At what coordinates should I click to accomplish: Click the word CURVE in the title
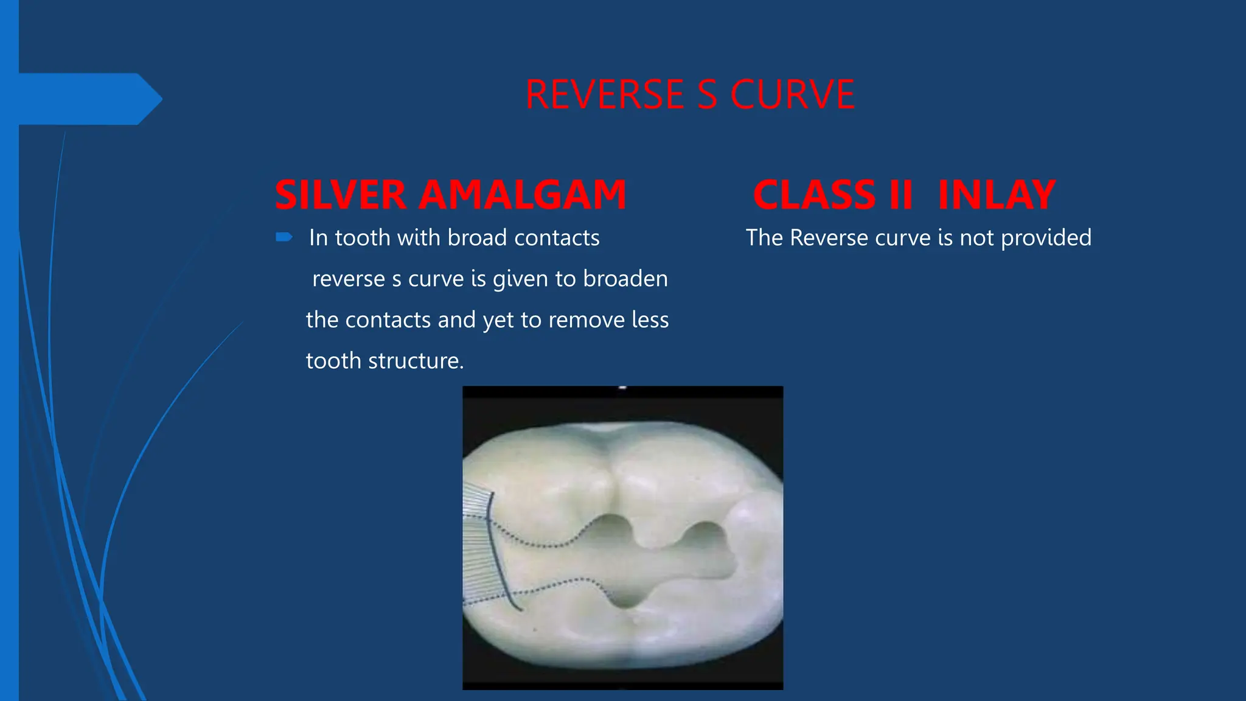tap(792, 95)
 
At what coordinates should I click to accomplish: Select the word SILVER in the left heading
tap(341, 195)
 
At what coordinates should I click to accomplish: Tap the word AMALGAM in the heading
tap(523, 195)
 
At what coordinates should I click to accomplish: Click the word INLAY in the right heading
tap(996, 195)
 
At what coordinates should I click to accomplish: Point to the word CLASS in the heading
tap(814, 195)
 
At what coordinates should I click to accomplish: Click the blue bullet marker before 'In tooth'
tap(284, 237)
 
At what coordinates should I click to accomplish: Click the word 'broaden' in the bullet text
tap(625, 279)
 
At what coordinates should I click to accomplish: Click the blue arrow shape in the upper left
tap(91, 99)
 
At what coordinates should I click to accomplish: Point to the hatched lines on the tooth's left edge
tap(478, 548)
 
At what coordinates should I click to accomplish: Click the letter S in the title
tap(708, 95)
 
